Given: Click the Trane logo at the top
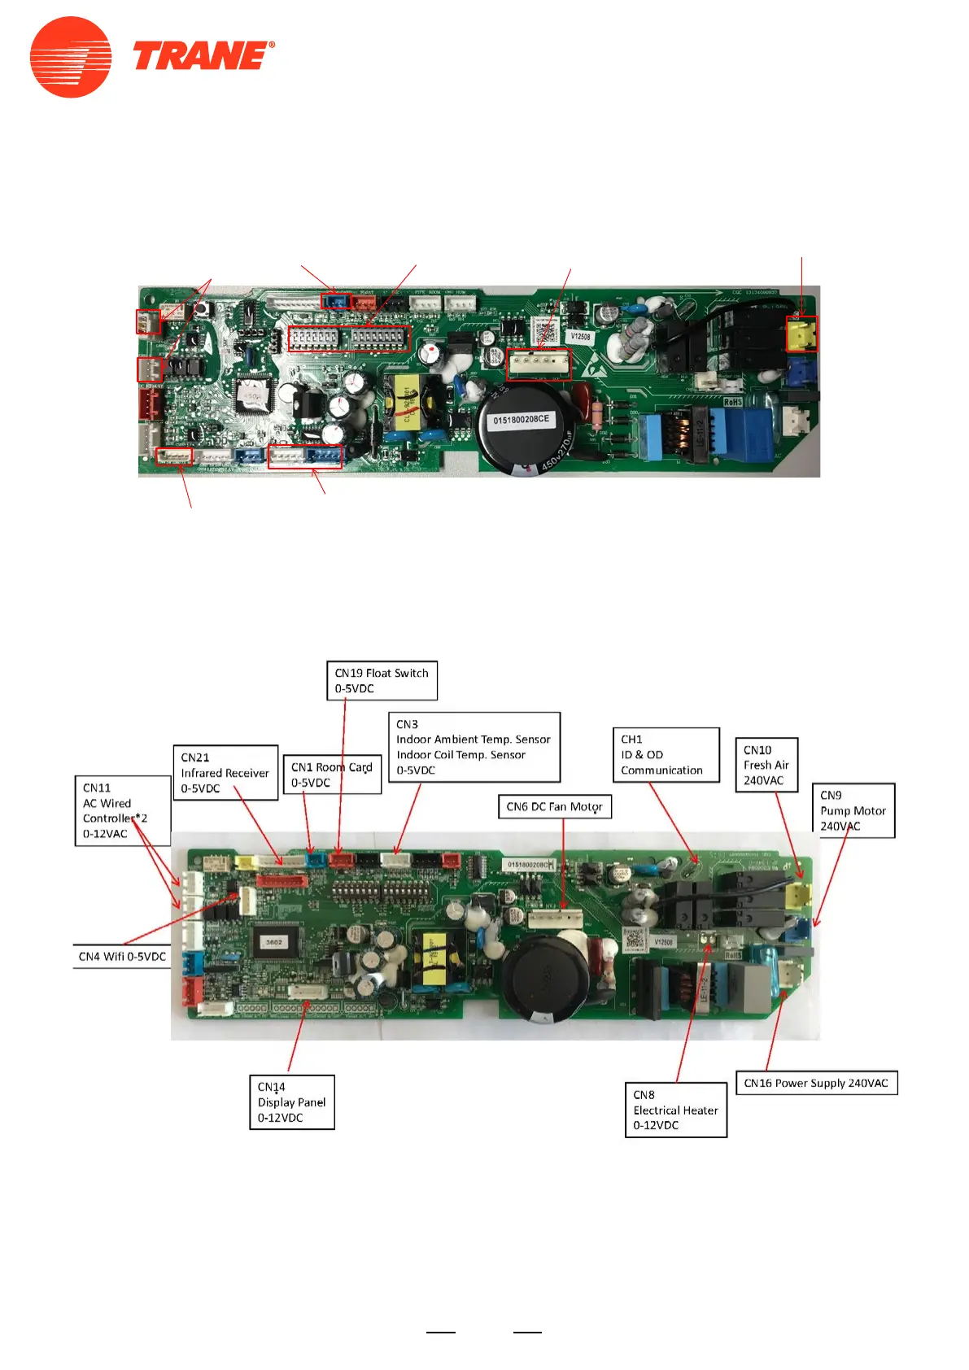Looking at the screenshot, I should [x=152, y=57].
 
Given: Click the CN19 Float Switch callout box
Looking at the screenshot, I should [x=382, y=680].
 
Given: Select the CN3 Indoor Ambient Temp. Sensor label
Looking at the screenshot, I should [x=474, y=747].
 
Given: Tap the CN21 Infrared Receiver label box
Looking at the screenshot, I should [x=225, y=772].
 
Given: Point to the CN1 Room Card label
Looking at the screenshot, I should [x=332, y=774].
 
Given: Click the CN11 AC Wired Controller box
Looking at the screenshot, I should [x=122, y=810].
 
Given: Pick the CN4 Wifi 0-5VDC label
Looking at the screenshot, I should [x=122, y=956].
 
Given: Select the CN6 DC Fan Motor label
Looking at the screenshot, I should [x=554, y=806].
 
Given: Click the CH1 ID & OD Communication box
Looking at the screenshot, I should [x=666, y=754].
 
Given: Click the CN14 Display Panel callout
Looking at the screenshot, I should [x=291, y=1102].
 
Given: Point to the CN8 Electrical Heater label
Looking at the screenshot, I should [x=675, y=1110].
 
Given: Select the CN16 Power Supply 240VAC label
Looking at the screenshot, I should [x=815, y=1083].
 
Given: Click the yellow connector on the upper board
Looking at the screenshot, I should [x=801, y=334].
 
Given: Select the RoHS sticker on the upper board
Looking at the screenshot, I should [x=732, y=402].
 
